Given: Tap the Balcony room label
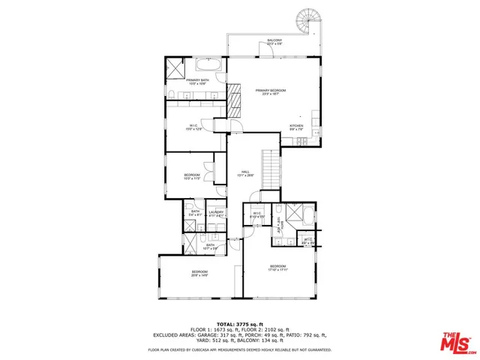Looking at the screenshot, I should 274,41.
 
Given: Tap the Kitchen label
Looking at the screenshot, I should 297,127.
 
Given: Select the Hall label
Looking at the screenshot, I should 244,173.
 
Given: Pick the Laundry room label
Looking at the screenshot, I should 216,213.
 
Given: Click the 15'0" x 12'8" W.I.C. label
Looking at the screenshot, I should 194,127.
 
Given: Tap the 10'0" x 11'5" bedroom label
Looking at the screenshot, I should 192,177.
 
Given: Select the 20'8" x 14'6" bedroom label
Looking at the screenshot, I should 199,273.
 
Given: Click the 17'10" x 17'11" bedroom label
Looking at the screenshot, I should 277,268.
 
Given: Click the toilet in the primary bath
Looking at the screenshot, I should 171,94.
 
